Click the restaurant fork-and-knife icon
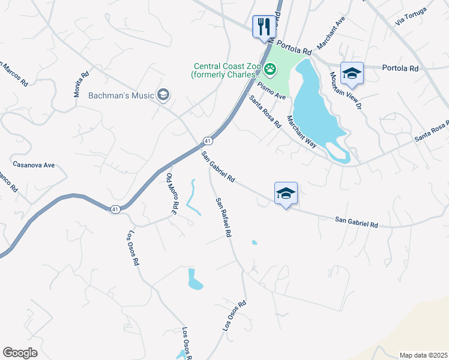264,26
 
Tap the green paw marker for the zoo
271,70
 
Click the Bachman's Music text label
121,95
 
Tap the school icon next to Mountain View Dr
352,74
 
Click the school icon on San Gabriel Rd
286,193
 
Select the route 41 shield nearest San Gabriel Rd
207,140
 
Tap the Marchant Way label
301,131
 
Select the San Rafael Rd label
223,218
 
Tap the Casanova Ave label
34,164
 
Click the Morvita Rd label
82,80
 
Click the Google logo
20,353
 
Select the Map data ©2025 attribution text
423,355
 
